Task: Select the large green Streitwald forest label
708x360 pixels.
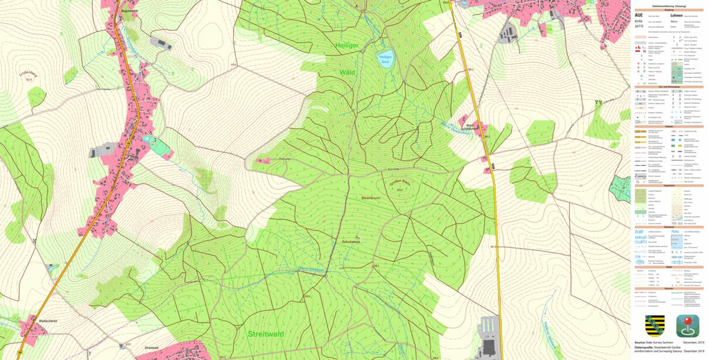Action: point(265,334)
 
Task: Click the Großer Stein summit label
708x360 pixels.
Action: point(399,185)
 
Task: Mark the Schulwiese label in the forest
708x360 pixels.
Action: point(350,241)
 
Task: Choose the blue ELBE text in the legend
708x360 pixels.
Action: point(640,232)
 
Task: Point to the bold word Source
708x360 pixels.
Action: point(638,342)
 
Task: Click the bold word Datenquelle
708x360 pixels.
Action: point(645,348)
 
